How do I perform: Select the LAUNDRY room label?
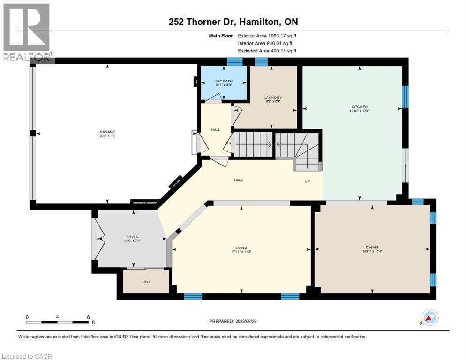pyautogui.click(x=272, y=97)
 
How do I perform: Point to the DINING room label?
pyautogui.click(x=372, y=247)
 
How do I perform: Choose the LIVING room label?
pyautogui.click(x=241, y=248)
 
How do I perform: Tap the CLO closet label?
pyautogui.click(x=145, y=282)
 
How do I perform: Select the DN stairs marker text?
pyautogui.click(x=228, y=143)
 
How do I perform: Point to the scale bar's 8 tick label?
pyautogui.click(x=88, y=317)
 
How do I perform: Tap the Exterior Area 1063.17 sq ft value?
pyautogui.click(x=267, y=35)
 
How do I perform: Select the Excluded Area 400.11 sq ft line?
pyautogui.click(x=267, y=51)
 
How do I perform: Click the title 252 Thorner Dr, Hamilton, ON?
pyautogui.click(x=233, y=22)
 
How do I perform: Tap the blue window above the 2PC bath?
pyautogui.click(x=234, y=61)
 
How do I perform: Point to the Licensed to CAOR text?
pyautogui.click(x=27, y=356)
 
